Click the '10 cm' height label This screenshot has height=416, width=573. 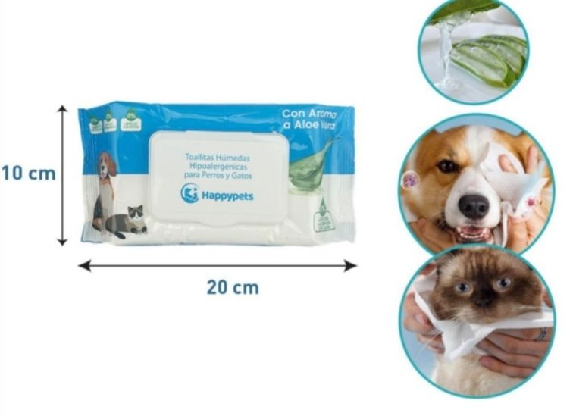point(28,173)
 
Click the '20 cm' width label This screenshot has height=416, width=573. point(232,288)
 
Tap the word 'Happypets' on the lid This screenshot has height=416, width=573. point(227,195)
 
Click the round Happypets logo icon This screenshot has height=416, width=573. point(189,193)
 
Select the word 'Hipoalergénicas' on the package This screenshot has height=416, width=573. point(218,167)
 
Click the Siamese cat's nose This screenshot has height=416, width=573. point(484,303)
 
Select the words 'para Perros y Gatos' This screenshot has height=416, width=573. point(218,176)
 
